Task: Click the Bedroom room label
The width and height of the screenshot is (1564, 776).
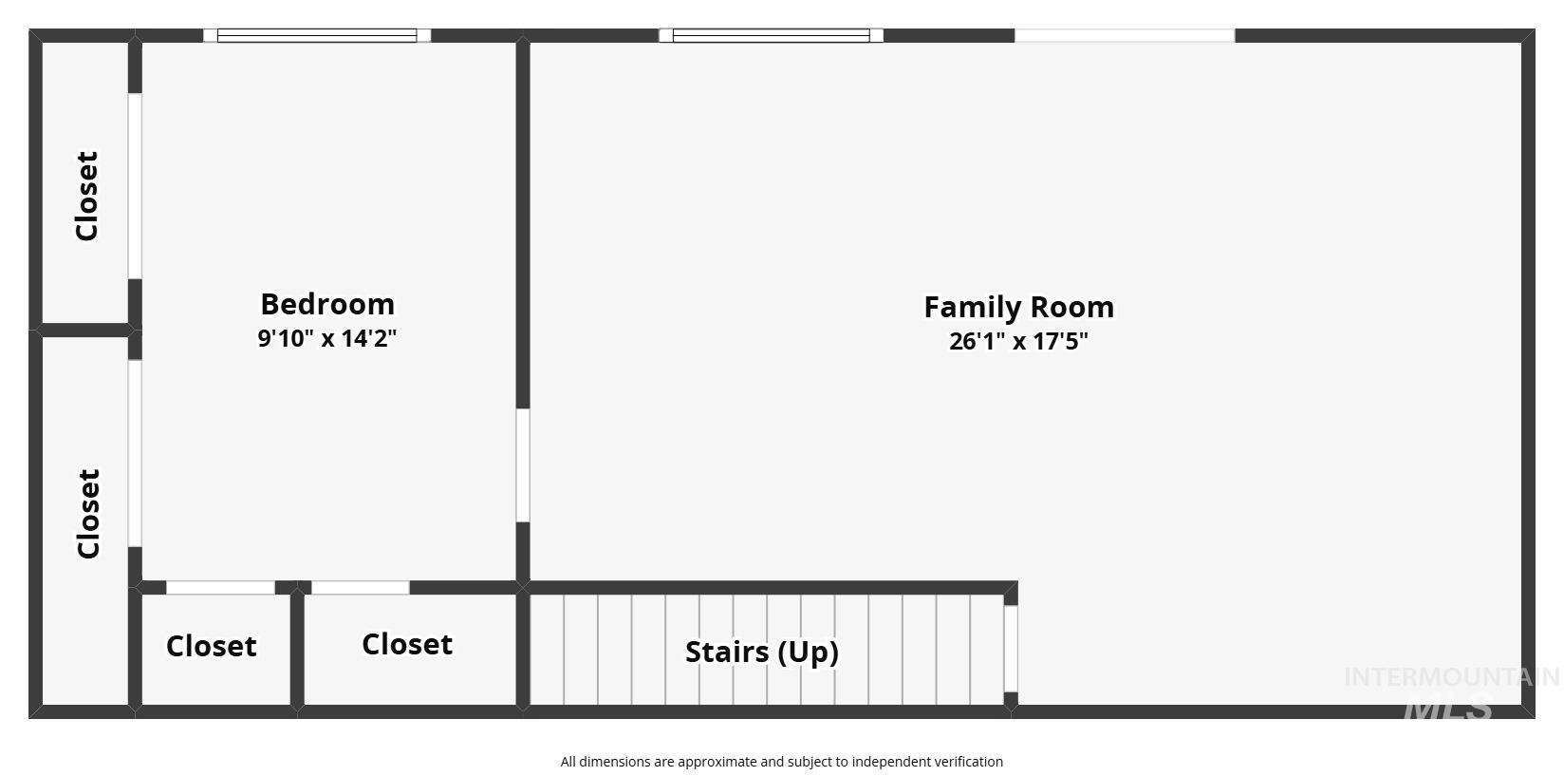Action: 327,304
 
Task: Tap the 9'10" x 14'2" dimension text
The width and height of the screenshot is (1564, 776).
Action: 327,338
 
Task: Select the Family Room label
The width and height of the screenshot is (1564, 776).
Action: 1018,307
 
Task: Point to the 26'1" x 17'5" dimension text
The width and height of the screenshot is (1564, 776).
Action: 1018,341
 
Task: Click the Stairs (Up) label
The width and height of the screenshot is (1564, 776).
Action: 762,652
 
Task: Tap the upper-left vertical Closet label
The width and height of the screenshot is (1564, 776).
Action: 86,196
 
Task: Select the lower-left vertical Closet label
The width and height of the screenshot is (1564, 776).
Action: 88,513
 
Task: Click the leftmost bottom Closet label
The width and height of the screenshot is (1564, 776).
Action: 211,646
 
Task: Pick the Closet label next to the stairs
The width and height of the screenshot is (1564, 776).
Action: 407,644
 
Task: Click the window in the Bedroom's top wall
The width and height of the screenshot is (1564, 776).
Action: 317,36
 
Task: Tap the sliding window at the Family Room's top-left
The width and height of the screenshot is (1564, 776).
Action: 771,36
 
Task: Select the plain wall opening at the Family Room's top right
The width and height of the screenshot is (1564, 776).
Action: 1125,36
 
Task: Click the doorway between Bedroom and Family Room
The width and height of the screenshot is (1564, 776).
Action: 523,465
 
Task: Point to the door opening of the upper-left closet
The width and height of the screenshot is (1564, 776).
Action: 135,186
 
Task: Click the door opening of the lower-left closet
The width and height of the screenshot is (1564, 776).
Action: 135,453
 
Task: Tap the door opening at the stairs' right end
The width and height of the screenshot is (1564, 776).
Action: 1011,649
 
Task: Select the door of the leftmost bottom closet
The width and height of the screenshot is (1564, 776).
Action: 220,588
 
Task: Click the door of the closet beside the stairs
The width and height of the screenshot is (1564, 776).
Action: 361,588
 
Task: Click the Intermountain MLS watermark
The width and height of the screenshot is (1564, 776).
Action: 1450,691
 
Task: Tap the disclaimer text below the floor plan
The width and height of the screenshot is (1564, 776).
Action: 781,762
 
